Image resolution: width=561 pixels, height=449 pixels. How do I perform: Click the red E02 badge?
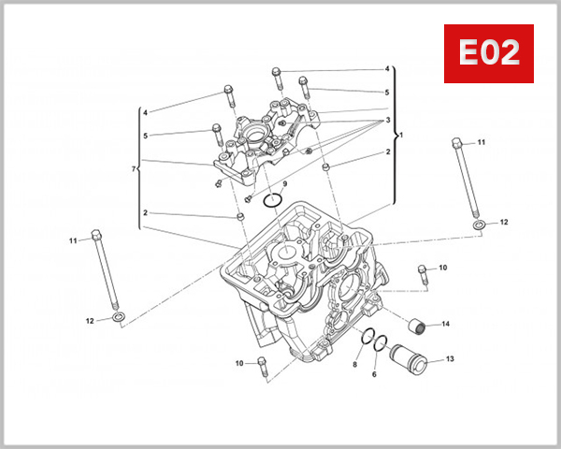click(x=488, y=53)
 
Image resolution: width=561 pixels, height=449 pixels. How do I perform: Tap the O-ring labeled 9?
click(x=273, y=200)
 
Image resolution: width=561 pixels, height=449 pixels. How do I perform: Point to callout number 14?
click(x=446, y=325)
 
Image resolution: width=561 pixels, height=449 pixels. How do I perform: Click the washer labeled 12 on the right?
click(x=478, y=225)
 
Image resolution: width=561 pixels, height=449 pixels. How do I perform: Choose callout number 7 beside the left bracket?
click(x=134, y=168)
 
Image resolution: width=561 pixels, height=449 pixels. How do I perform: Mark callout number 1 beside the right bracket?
click(x=401, y=135)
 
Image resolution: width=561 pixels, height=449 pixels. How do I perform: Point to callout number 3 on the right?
click(x=386, y=121)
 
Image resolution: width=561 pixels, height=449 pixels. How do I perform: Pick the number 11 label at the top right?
click(x=482, y=142)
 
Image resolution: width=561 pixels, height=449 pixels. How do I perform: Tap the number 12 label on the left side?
click(x=91, y=321)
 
